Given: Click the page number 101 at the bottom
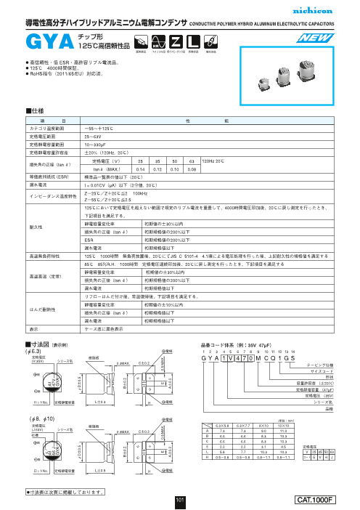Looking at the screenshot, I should point(180,501).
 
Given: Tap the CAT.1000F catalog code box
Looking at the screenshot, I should point(320,501).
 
